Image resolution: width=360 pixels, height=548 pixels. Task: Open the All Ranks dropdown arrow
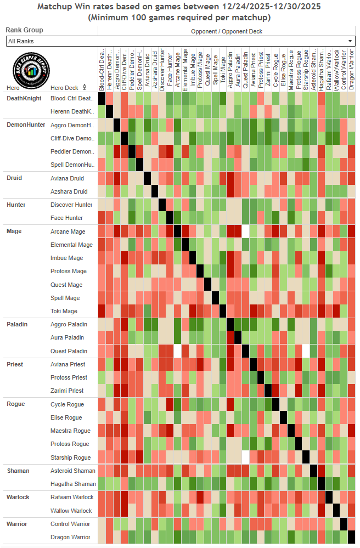point(350,41)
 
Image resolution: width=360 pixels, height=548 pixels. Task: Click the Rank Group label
point(24,30)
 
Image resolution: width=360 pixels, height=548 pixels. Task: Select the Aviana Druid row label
point(67,179)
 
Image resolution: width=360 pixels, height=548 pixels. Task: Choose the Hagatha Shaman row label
point(73,484)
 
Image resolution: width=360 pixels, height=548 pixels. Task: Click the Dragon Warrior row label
point(71,537)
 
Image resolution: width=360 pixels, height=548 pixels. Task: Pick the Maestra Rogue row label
point(71,431)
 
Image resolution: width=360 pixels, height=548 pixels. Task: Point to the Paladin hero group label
point(18,324)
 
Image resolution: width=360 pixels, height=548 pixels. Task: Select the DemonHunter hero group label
point(25,125)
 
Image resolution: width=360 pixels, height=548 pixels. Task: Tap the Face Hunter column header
point(170,70)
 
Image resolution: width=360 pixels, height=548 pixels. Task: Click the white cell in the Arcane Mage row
point(245,231)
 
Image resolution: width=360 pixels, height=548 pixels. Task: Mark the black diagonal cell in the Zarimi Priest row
point(268,391)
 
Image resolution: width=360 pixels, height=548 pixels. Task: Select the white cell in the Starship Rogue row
point(245,457)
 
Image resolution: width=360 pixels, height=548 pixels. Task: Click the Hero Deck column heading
point(64,88)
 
